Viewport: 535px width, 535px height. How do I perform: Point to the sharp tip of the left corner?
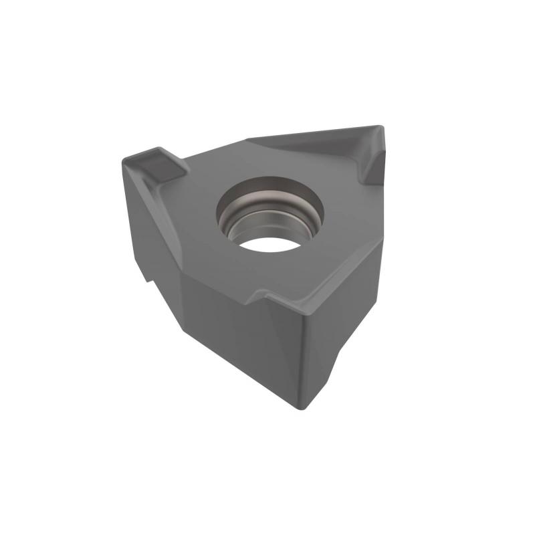click(123, 159)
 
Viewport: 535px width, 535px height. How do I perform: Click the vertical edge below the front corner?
click(299, 361)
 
